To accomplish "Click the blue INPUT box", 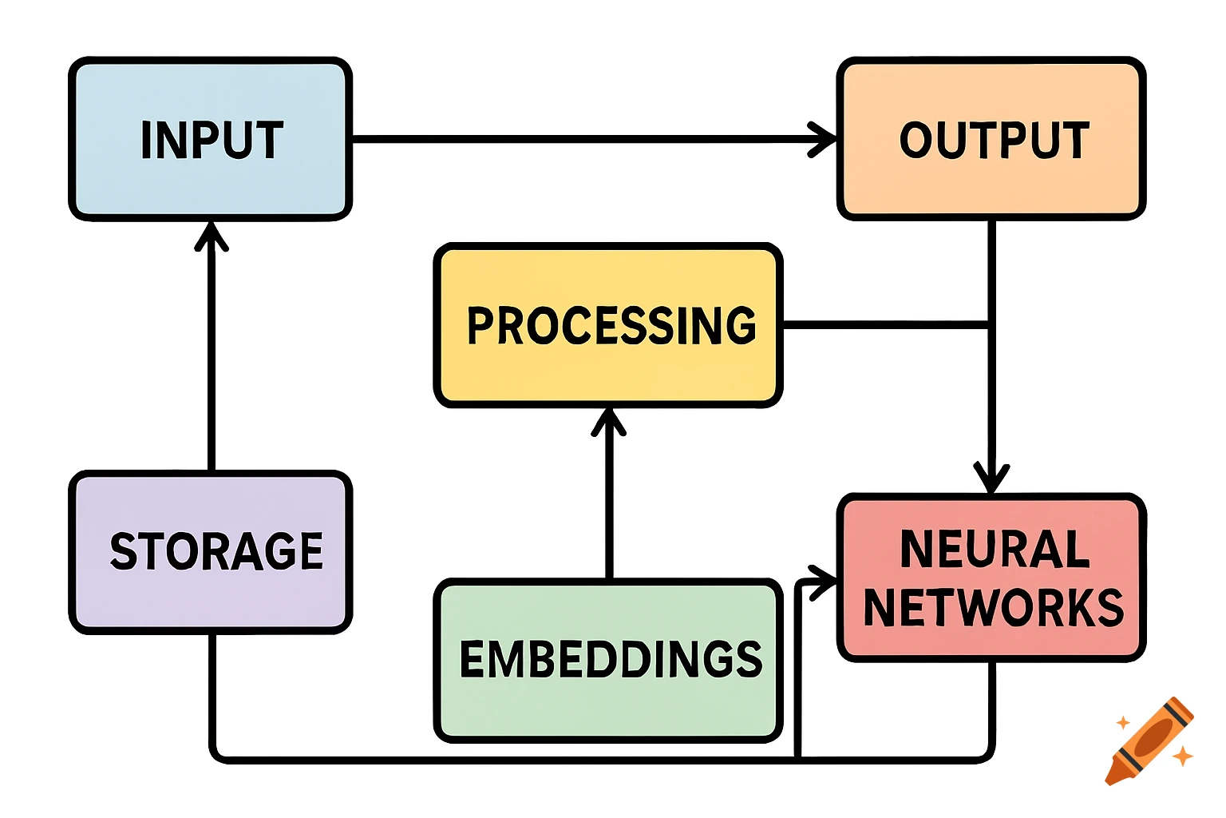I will click(x=211, y=139).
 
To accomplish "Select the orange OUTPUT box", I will click(x=991, y=139).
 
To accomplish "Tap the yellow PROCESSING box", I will click(x=608, y=326).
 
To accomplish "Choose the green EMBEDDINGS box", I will click(x=608, y=660).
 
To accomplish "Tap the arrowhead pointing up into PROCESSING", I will click(x=609, y=419).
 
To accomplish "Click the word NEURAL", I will click(x=995, y=550).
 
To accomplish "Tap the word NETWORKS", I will click(x=995, y=607).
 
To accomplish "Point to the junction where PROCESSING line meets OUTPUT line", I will click(x=991, y=325).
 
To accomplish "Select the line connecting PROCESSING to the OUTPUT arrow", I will click(x=886, y=325).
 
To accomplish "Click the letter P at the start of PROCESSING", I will click(x=481, y=326).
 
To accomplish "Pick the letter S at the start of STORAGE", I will click(x=125, y=552).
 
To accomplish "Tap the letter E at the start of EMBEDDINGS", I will click(x=473, y=660).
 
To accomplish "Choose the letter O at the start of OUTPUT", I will click(x=918, y=141).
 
